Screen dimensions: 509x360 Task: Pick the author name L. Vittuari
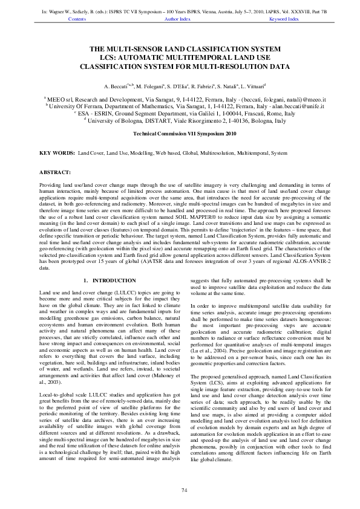pyautogui.click(x=254, y=88)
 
